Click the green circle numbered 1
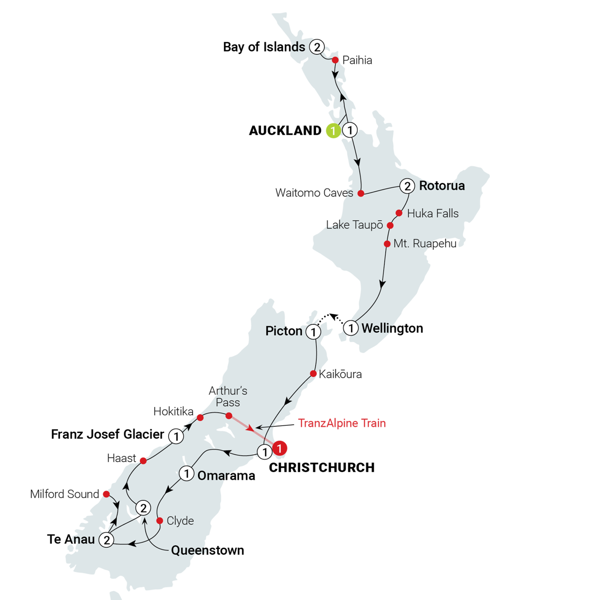(x=333, y=130)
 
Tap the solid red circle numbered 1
(x=280, y=448)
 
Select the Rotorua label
(x=442, y=186)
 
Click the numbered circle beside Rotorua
(x=407, y=186)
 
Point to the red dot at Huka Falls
(x=399, y=213)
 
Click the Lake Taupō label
(x=355, y=225)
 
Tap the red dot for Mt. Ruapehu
(x=387, y=244)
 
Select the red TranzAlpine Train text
(x=342, y=423)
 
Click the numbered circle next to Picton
(x=313, y=332)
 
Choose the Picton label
(x=283, y=331)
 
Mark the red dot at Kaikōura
(x=313, y=373)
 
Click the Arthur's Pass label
(x=228, y=397)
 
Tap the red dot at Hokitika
(x=200, y=418)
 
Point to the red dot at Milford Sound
(x=106, y=493)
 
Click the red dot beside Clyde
(x=160, y=520)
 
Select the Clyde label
(x=180, y=521)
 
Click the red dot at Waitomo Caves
(x=361, y=193)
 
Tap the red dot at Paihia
(x=335, y=60)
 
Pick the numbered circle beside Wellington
(x=351, y=328)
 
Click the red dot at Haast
(x=143, y=460)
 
